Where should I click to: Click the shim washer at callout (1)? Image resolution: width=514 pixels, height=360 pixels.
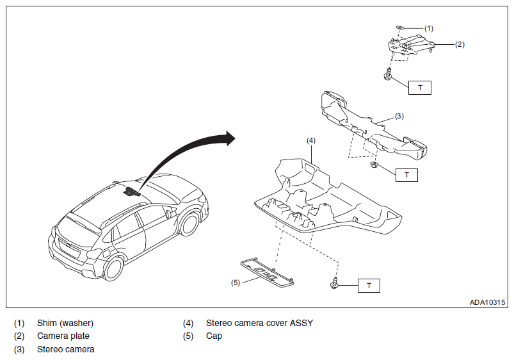(400, 28)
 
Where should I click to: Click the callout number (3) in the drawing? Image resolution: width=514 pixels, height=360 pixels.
(399, 116)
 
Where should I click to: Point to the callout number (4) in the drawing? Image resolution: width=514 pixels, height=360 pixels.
(310, 140)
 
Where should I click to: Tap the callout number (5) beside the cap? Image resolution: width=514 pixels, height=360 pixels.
(236, 282)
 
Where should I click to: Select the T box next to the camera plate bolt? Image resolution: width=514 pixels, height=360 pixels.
(420, 88)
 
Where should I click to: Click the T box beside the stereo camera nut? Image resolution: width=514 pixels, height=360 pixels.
(406, 175)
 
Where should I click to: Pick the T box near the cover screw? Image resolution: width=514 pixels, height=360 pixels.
(369, 286)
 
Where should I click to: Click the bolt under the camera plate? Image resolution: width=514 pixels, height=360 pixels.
(389, 74)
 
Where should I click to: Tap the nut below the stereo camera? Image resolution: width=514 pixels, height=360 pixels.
(374, 165)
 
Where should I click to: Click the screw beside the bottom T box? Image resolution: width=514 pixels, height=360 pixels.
(334, 283)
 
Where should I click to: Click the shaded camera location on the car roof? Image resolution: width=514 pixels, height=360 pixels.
(131, 192)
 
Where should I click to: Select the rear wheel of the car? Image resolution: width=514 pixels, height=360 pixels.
(113, 268)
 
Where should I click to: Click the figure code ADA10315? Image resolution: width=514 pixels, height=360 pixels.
(488, 302)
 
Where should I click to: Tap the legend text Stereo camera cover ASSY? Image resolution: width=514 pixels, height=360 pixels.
(259, 323)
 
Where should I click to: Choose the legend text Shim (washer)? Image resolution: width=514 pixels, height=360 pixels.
(65, 323)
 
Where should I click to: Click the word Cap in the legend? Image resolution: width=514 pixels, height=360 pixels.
(214, 336)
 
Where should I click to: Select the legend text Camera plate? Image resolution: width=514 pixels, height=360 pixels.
(63, 336)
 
